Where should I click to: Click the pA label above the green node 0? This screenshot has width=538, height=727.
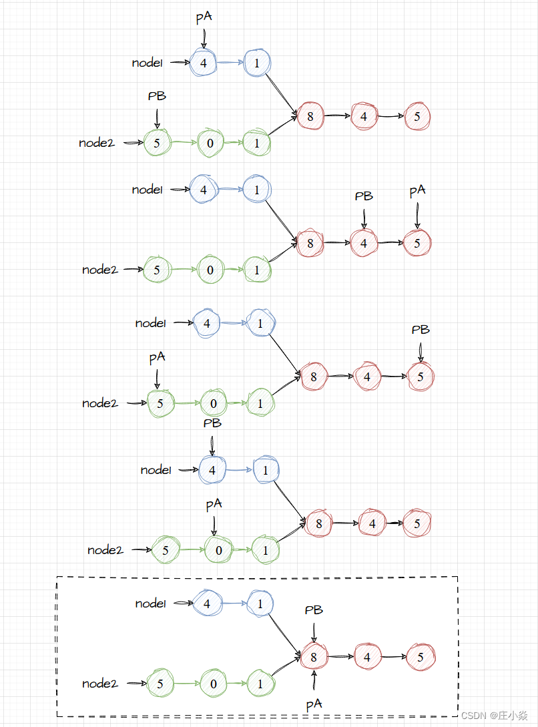point(213,505)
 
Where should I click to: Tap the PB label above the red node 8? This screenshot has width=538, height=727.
point(314,610)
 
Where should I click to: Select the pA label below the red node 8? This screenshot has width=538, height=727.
point(314,704)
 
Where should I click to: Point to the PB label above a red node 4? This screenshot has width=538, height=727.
point(364,196)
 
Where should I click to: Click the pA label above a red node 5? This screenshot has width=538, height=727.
point(417,192)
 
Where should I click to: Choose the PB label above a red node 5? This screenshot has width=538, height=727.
point(421,330)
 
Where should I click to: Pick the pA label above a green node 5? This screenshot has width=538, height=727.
point(157,358)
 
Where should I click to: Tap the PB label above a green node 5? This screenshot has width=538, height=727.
point(157,96)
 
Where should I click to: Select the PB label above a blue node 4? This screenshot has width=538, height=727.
point(212,423)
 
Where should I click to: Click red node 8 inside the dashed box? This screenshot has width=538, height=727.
point(314,657)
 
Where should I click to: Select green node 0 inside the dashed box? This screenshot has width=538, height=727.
point(214,684)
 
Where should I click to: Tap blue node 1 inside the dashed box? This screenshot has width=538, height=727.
point(260,603)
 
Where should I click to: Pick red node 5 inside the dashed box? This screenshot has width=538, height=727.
point(421,657)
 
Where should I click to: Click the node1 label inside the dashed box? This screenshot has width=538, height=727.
point(150,603)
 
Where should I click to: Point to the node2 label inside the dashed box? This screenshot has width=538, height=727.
point(100,684)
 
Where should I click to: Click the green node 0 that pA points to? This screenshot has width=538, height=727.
point(214,550)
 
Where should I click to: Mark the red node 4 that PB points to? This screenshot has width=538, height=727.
point(364,244)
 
